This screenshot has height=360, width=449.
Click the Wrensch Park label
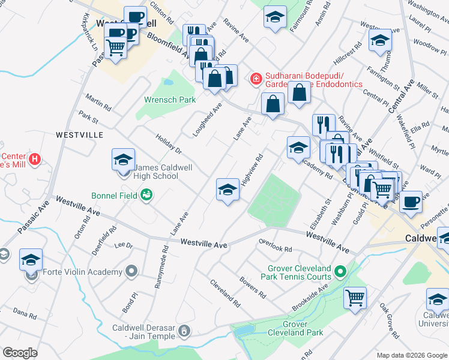click(x=170, y=100)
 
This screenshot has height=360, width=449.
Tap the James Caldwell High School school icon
click(x=123, y=161)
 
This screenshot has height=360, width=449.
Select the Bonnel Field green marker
click(x=146, y=194)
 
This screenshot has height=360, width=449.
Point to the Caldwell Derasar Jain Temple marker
click(x=185, y=330)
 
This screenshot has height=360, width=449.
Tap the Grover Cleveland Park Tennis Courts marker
click(x=340, y=272)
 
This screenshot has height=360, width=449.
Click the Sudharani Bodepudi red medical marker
click(x=256, y=78)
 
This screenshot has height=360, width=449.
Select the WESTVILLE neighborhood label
click(x=80, y=135)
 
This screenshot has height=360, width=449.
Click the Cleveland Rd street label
click(x=225, y=290)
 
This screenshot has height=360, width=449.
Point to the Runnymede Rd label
click(x=161, y=266)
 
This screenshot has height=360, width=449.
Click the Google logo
click(x=20, y=352)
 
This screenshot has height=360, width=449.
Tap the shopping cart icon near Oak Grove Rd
click(x=355, y=297)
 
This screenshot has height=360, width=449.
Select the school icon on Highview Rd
click(x=227, y=190)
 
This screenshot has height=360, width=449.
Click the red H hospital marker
click(x=35, y=159)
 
